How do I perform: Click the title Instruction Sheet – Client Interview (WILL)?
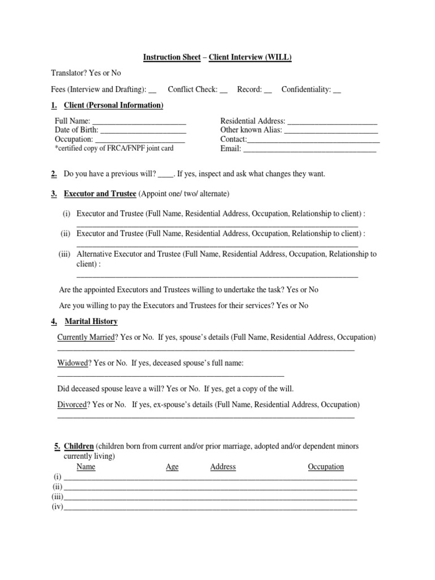217,57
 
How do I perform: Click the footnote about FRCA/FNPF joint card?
114,148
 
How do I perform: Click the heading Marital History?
91,321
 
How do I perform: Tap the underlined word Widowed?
73,362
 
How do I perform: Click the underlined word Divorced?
72,404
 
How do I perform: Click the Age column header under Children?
172,467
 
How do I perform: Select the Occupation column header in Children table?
326,467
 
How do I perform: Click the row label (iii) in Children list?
57,497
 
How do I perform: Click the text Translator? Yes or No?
86,73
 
